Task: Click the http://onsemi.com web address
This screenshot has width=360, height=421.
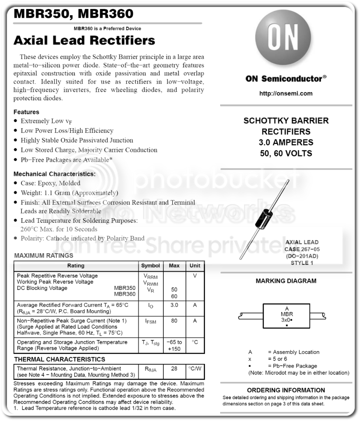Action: (286, 93)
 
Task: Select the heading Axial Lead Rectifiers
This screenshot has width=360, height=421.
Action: (84, 41)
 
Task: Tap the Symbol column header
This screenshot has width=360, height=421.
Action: (151, 266)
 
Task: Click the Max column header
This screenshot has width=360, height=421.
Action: (174, 266)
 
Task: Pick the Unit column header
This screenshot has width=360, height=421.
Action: (195, 266)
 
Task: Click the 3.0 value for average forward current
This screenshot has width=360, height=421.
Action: (174, 305)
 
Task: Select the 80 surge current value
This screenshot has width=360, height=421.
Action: (174, 321)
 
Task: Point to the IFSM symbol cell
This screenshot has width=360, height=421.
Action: (151, 322)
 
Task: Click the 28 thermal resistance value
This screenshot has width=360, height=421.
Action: (174, 369)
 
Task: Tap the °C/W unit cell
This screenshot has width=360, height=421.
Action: (195, 369)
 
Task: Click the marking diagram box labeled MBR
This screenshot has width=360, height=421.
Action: (286, 316)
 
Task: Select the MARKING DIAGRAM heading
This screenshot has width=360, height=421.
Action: (286, 281)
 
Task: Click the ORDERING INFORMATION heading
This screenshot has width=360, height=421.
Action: (286, 390)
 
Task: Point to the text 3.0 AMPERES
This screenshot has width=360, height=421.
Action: (286, 143)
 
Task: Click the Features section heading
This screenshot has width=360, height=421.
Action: (26, 112)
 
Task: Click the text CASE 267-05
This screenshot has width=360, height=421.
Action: (302, 249)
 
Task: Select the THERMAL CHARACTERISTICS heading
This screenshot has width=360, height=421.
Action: (60, 359)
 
